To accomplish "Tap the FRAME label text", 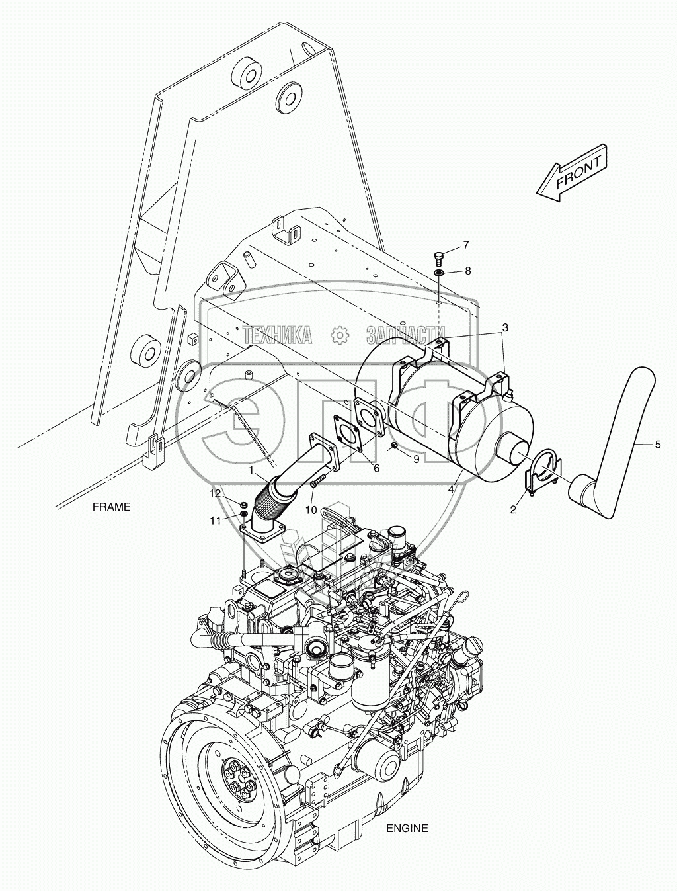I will coord(111,507).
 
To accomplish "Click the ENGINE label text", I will coord(407,828).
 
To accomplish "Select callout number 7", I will coord(465,245).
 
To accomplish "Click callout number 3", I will coord(504,327).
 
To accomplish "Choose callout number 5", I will coord(657,445).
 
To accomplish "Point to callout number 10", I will coord(311,509).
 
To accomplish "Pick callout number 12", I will coord(216,493).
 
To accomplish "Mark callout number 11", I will coord(216,521).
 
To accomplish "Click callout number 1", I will coord(252,469).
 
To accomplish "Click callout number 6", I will coord(376,468).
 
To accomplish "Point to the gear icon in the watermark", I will coord(339,335).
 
